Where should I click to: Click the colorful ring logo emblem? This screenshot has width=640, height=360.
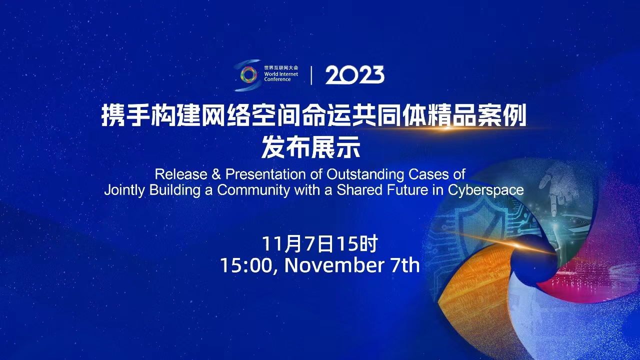tap(248, 75)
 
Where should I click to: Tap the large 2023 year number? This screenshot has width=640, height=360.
tap(354, 75)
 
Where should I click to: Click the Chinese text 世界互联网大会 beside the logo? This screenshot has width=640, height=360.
tap(281, 67)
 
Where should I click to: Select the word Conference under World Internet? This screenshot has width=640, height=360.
tap(277, 79)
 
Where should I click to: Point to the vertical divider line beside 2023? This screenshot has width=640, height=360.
tap(311, 75)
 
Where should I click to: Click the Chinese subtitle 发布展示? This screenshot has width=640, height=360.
tap(311, 147)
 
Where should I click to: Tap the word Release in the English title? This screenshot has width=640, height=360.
tap(181, 174)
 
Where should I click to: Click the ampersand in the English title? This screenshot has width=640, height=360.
tap(216, 174)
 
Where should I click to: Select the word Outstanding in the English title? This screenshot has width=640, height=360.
tap(365, 174)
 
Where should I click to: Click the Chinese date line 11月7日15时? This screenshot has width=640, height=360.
tap(320, 243)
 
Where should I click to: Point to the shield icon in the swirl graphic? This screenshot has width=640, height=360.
tap(474, 223)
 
